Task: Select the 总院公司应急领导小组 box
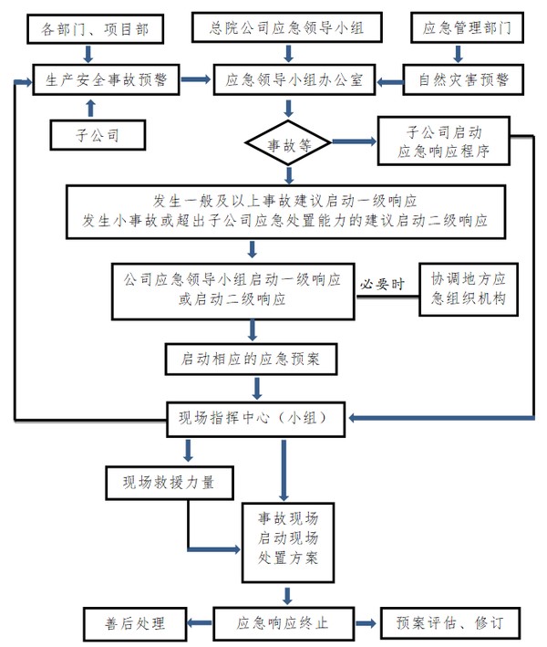(x=285, y=28)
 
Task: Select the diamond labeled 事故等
(x=287, y=142)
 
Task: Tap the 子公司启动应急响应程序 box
(x=445, y=141)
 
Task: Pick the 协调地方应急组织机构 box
(x=467, y=289)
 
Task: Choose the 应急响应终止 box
(x=282, y=624)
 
